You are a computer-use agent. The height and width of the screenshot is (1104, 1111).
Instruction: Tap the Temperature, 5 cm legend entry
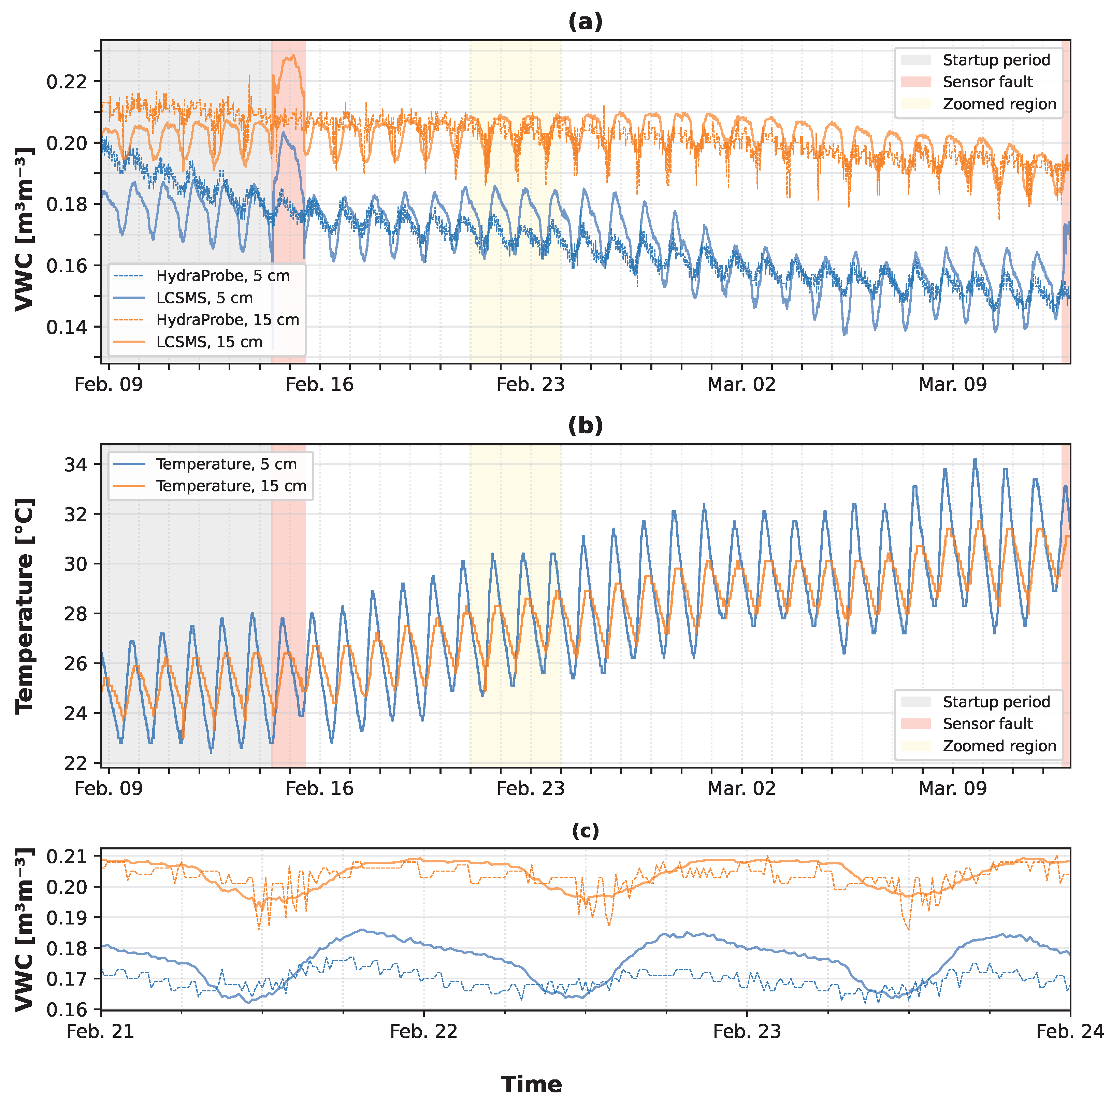(226, 464)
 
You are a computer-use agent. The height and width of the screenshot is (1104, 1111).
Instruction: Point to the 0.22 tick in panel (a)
(66, 82)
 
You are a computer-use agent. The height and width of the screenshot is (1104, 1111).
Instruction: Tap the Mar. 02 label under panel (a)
(741, 384)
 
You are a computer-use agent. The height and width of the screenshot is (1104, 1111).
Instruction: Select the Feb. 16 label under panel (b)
(320, 788)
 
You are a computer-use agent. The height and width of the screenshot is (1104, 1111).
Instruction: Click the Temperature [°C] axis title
(24, 605)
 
